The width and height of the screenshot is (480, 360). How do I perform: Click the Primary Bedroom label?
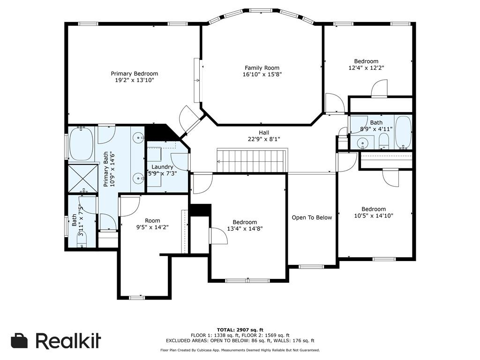(135, 74)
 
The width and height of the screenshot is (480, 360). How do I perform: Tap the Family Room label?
(262, 67)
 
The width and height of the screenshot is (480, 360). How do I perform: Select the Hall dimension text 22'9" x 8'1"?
(264, 139)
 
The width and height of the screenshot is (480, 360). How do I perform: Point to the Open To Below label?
(312, 217)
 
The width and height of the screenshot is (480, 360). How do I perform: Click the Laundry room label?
(162, 167)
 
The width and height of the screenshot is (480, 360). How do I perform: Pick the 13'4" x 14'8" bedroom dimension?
(245, 228)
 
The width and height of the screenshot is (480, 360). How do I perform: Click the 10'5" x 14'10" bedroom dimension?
(374, 216)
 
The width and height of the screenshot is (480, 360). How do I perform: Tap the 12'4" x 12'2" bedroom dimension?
(366, 67)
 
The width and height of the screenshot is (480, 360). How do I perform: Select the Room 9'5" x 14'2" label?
(152, 224)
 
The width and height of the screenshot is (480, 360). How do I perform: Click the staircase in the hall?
(252, 160)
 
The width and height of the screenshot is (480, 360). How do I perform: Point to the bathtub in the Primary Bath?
(81, 144)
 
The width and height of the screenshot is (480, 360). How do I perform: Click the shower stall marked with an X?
(82, 179)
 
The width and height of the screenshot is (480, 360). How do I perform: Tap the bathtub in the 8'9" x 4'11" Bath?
(403, 133)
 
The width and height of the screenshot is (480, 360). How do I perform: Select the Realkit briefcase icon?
(19, 340)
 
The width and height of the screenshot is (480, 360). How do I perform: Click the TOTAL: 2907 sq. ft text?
(240, 330)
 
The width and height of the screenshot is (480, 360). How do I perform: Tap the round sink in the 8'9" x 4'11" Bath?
(363, 142)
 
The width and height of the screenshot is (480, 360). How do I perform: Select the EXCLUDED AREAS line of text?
(240, 340)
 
